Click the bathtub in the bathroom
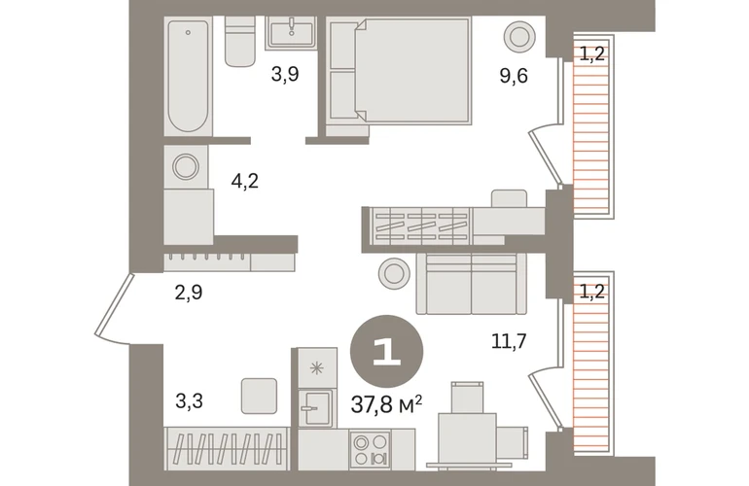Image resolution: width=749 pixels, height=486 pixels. point(188,76)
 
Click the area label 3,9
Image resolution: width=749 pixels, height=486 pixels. point(285,75)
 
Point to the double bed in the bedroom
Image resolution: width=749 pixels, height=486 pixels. point(399,71)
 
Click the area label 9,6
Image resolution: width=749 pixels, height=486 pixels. point(514,76)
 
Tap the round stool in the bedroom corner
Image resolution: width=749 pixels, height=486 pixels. point(519,36)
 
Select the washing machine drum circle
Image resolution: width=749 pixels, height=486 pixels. point(186,166)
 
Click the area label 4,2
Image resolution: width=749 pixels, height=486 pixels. point(244,181)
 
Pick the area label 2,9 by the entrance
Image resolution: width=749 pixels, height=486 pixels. point(189,293)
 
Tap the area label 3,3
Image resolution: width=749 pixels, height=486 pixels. point(189,401)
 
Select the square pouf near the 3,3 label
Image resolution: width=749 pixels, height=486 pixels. point(260,396)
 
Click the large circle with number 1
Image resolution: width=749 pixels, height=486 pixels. point(386,351)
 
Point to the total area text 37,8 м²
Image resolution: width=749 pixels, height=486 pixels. point(386,405)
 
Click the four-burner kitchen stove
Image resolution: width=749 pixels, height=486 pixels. point(371,449)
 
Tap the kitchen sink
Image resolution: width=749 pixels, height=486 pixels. point(315,408)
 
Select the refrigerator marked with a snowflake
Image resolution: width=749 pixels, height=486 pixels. point(317,367)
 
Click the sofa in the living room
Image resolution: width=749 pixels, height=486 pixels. point(471,284)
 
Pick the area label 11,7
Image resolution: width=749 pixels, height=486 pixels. point(509,341)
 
